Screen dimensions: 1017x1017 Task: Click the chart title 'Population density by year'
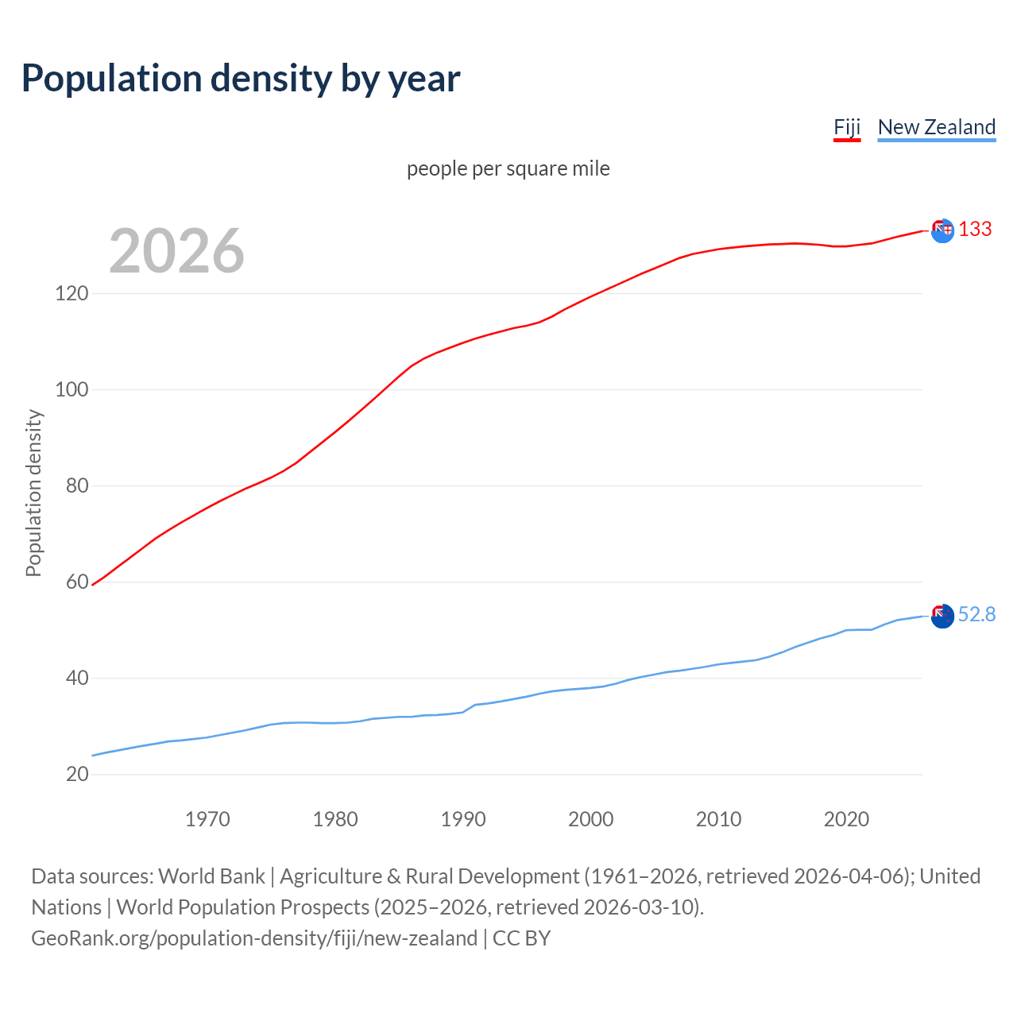tap(241, 79)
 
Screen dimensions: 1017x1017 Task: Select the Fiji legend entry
tap(847, 127)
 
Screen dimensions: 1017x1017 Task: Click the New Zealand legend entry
tap(936, 127)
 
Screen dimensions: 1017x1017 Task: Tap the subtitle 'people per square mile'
tap(508, 168)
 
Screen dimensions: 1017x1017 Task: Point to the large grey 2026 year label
tap(176, 251)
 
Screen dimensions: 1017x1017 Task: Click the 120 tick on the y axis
tap(72, 293)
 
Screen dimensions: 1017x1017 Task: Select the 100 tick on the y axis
tap(72, 389)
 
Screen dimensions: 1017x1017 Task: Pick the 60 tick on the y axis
tap(77, 582)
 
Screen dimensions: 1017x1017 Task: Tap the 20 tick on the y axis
tap(77, 774)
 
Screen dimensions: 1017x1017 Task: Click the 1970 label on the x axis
tap(207, 819)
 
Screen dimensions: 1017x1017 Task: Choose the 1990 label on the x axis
tap(463, 819)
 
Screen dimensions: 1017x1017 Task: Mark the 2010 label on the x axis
tap(718, 819)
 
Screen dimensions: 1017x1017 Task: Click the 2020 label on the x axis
tap(846, 819)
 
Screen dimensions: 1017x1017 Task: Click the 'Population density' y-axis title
tap(33, 493)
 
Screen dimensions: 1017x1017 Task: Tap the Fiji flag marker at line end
tap(942, 230)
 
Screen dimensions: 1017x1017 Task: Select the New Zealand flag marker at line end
tap(942, 616)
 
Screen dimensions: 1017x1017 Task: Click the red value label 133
tap(975, 230)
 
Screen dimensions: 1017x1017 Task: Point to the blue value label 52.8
tap(976, 615)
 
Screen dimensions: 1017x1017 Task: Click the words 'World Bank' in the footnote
tap(211, 876)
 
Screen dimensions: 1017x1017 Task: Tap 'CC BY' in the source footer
tap(521, 938)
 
